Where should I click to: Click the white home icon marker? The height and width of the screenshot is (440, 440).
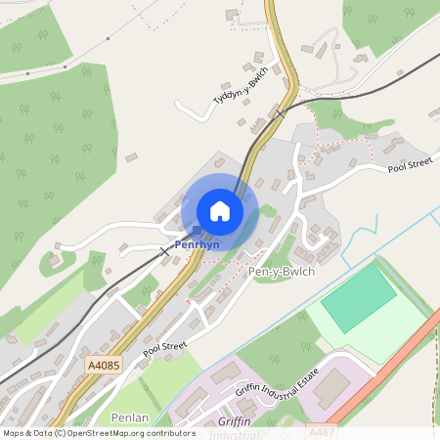[220, 210]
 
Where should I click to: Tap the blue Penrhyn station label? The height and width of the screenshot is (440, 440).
[197, 244]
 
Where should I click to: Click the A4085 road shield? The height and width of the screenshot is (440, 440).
[103, 365]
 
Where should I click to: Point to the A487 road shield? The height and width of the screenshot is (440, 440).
[323, 430]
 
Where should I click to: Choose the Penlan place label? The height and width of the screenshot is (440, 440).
[130, 418]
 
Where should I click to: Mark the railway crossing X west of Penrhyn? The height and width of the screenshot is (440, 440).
[164, 251]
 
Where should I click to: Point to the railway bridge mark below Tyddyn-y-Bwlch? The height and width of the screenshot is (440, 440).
[281, 113]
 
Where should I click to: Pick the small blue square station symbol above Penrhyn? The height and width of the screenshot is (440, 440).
[197, 232]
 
